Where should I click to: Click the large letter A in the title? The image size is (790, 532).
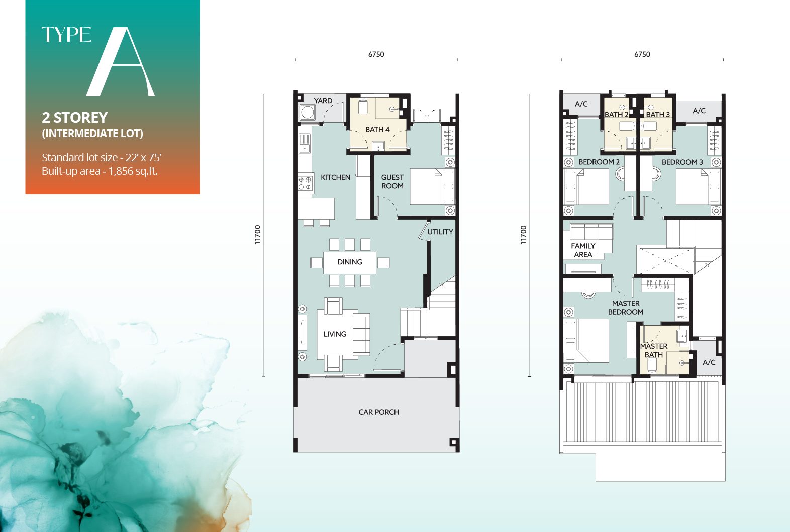click(x=121, y=63)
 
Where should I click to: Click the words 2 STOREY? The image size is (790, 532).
click(x=75, y=118)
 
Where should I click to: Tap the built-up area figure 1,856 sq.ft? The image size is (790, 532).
click(x=133, y=171)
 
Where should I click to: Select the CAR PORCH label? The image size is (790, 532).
click(x=378, y=412)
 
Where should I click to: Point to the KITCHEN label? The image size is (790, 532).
click(x=335, y=177)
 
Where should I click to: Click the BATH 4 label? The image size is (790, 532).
click(x=377, y=130)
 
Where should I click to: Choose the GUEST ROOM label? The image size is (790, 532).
click(x=392, y=181)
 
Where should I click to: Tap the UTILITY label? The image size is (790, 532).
click(x=440, y=232)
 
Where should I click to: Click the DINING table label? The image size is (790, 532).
click(x=349, y=262)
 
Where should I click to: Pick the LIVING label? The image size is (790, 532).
click(x=335, y=334)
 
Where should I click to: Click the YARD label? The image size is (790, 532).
click(x=323, y=101)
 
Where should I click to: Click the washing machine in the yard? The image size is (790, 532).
click(x=307, y=112)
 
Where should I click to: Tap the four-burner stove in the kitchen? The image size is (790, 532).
click(x=305, y=183)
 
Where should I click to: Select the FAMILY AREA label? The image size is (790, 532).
click(x=583, y=250)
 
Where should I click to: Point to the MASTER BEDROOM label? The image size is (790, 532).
click(x=626, y=308)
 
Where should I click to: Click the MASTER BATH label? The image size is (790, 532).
click(x=654, y=350)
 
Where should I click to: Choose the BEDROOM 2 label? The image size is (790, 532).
click(x=599, y=162)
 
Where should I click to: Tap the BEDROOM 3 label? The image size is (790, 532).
click(x=682, y=162)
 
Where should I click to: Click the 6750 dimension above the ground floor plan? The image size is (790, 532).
click(x=376, y=54)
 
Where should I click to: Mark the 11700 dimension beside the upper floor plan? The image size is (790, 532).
click(x=524, y=235)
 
